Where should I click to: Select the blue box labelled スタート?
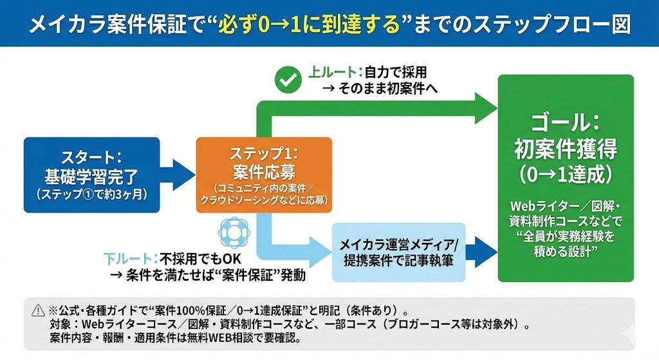91,175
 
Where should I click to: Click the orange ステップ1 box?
264,175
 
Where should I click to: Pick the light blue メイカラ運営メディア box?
398,252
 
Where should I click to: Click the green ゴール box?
566,178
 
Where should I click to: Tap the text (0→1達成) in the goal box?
566,174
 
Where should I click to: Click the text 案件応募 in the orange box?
264,172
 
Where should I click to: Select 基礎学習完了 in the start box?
91,176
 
